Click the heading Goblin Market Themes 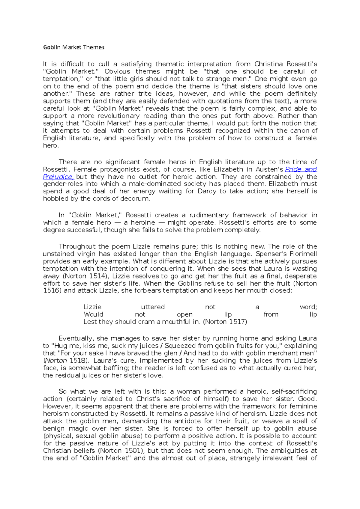tap(74, 47)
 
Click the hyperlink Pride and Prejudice tap(301, 169)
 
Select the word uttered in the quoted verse tap(153, 307)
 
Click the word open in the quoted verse tap(184, 314)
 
